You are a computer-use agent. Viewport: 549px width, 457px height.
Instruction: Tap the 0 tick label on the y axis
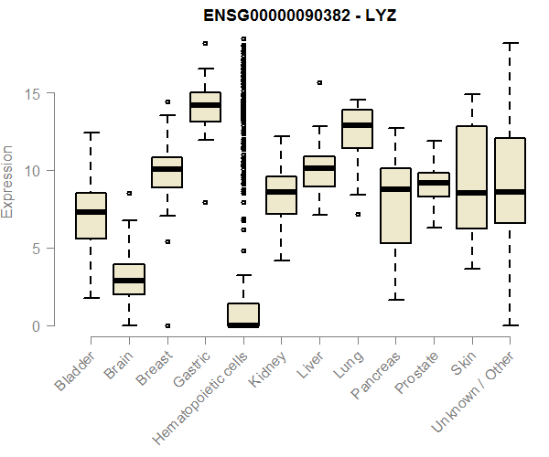[x=35, y=325]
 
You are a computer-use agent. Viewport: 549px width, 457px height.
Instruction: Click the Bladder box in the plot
[x=91, y=228]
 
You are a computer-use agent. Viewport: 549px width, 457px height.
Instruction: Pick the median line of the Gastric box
[x=205, y=105]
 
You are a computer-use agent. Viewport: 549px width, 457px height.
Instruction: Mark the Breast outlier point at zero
[x=167, y=325]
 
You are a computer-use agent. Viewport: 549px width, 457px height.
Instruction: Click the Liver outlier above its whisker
[x=319, y=82]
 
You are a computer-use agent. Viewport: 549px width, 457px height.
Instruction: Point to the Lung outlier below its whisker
[x=358, y=214]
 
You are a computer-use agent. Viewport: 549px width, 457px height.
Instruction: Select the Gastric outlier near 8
[x=205, y=202]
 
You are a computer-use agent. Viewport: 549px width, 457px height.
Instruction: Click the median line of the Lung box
[x=358, y=125]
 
